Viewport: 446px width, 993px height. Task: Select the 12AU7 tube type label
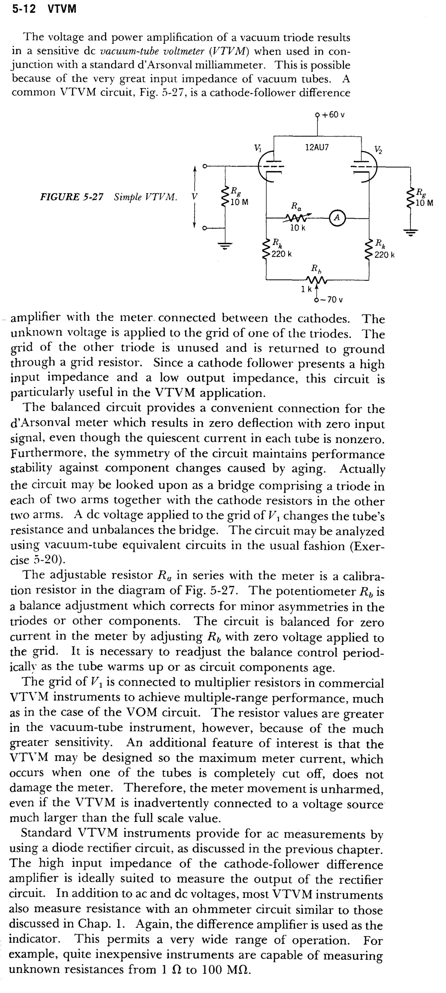point(317,147)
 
